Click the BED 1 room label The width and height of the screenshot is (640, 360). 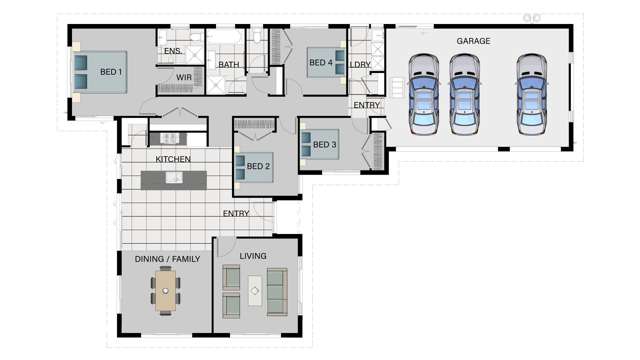111,72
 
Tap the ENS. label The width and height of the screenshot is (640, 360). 172,52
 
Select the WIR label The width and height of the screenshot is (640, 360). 184,77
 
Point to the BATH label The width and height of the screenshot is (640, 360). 229,65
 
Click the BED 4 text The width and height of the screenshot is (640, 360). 320,63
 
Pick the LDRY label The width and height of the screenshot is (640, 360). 360,65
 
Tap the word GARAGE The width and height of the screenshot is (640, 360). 473,41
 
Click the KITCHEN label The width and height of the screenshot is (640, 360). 173,159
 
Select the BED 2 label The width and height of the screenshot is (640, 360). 259,166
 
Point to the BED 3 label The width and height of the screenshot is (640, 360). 325,145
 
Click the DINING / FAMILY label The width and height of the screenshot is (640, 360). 167,259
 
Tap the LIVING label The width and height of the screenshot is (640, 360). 253,256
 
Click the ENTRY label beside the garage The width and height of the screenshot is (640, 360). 366,105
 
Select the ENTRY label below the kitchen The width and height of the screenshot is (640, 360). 236,213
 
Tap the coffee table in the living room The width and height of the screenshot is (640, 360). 255,293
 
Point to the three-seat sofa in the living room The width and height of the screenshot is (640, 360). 276,292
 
